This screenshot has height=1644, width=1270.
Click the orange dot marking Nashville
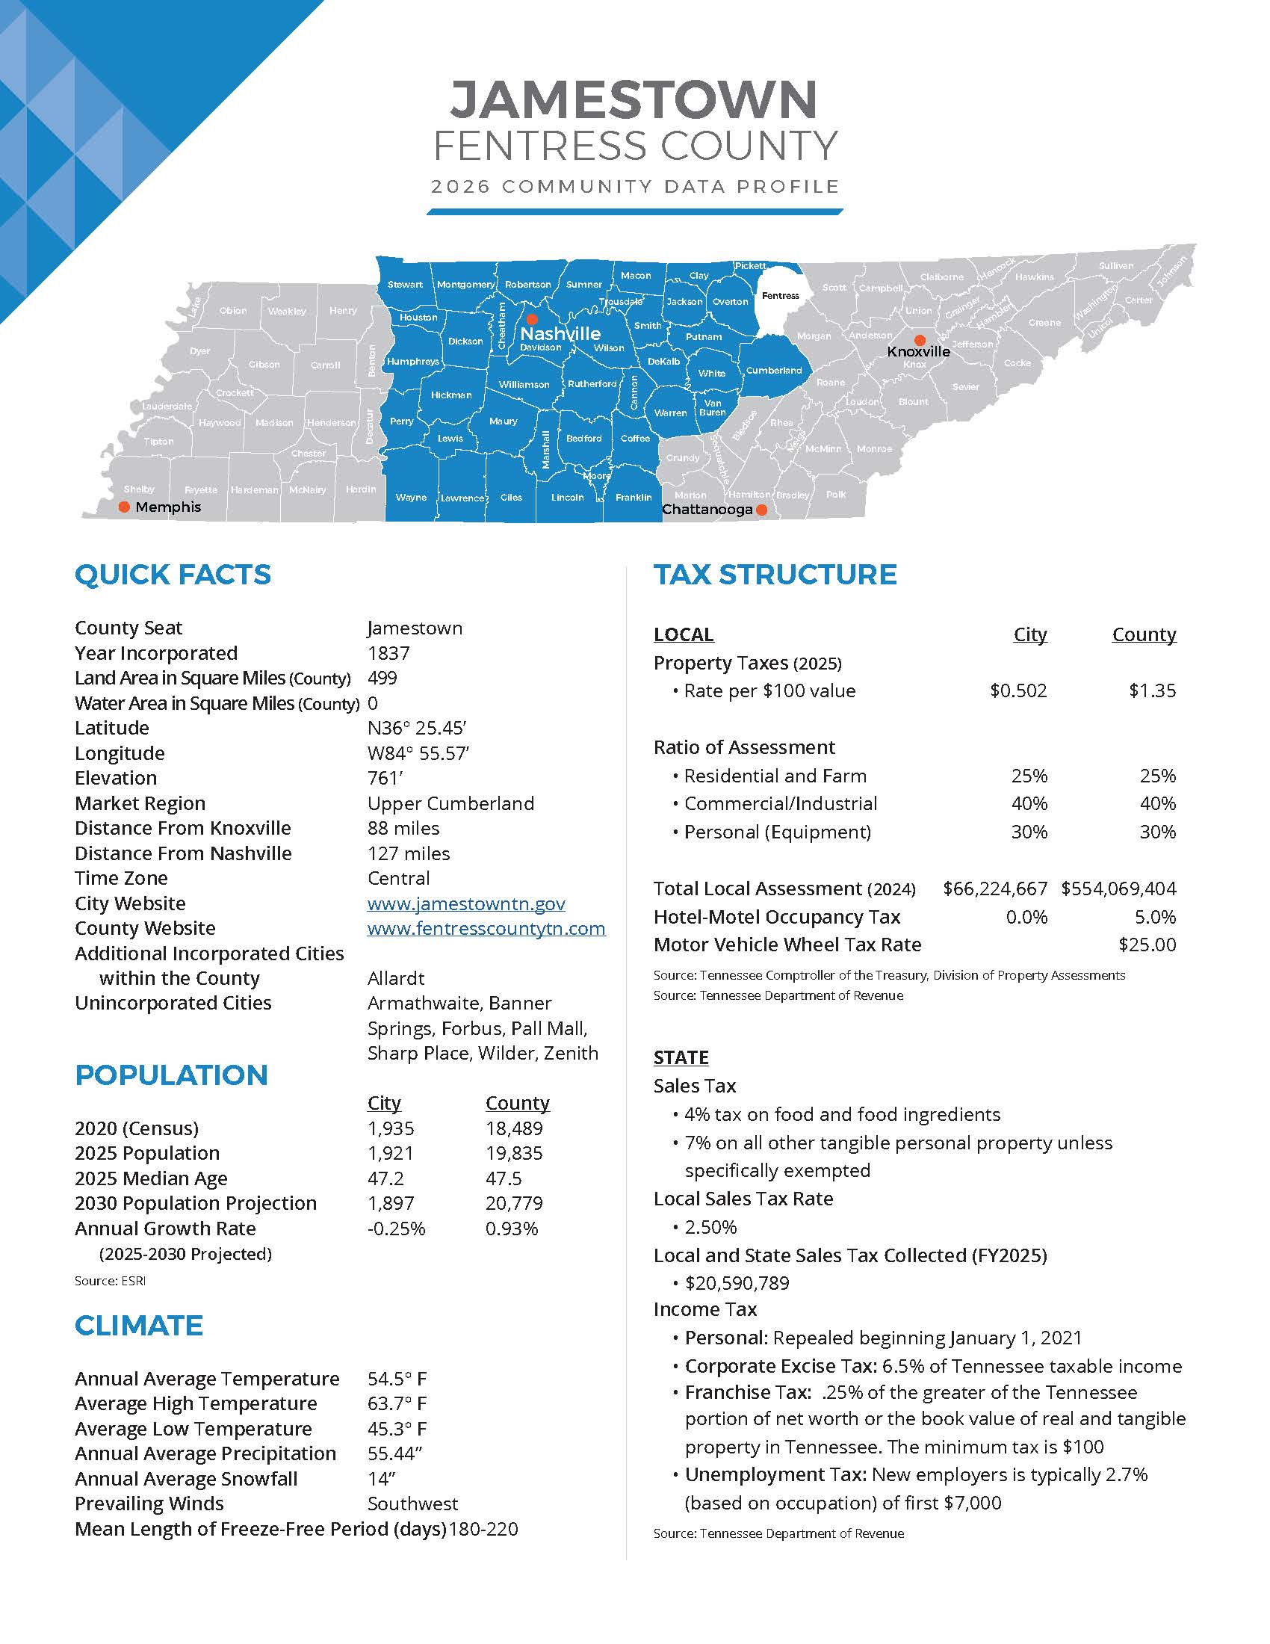coord(531,319)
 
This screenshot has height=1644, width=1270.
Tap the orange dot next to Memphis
coord(125,507)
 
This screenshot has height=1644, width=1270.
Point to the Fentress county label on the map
coord(780,296)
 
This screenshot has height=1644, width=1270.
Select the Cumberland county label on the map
coord(773,371)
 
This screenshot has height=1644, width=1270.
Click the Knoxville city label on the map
coord(918,351)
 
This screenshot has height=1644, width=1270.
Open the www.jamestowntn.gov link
coord(465,903)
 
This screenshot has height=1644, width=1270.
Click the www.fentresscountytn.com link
coord(486,928)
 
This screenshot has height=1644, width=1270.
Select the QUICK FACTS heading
coord(173,575)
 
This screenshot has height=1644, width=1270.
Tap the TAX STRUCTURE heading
coord(775,575)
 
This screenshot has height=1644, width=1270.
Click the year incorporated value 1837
coord(388,653)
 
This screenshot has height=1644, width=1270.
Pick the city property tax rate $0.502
coord(1018,691)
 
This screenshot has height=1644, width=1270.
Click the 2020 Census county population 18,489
coord(514,1128)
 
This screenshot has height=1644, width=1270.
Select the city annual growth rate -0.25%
coord(397,1229)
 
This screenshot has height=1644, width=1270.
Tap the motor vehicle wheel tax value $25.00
coord(1147,945)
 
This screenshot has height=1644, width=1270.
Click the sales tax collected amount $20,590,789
coord(737,1283)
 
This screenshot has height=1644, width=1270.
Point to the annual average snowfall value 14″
coord(382,1479)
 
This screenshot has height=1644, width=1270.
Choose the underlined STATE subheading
coord(681,1057)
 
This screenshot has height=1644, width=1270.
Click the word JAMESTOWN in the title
coord(634,99)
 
